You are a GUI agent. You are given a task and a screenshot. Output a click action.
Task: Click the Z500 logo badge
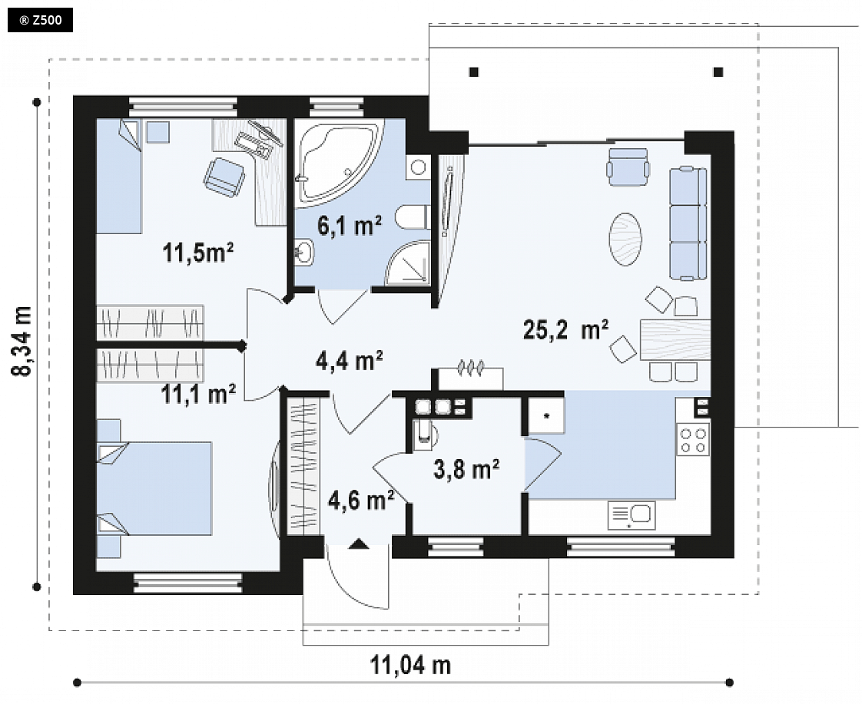click(x=40, y=21)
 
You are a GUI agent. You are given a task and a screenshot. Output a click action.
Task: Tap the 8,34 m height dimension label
click(x=23, y=341)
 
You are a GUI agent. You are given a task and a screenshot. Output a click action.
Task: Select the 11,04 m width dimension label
click(x=410, y=665)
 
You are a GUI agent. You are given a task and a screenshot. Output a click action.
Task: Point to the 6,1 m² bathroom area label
click(x=350, y=225)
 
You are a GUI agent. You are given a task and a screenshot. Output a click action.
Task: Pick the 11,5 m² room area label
click(x=198, y=253)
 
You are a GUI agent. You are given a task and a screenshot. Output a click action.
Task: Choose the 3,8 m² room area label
click(x=466, y=470)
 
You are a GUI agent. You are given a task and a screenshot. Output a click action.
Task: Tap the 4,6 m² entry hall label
click(x=360, y=501)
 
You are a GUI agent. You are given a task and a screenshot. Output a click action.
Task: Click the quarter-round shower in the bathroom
click(x=407, y=263)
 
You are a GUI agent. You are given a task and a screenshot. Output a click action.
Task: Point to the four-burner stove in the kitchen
click(x=693, y=439)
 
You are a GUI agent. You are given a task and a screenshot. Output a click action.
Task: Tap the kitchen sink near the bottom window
click(x=632, y=515)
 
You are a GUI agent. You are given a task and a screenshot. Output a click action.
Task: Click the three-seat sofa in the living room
click(x=688, y=223)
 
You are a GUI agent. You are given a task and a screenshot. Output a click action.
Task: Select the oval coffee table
click(x=625, y=240)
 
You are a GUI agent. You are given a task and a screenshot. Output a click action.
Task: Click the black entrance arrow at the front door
click(x=359, y=544)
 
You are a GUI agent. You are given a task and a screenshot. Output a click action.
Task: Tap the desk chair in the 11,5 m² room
click(x=224, y=177)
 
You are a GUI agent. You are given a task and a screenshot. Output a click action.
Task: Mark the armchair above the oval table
click(x=628, y=167)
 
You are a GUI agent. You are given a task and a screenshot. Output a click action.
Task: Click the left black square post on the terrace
click(x=474, y=71)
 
